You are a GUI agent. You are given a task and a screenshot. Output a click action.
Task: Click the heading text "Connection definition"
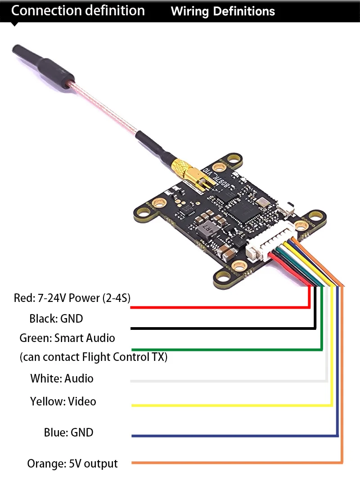point(78,11)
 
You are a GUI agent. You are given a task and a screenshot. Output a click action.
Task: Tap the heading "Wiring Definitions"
point(223,12)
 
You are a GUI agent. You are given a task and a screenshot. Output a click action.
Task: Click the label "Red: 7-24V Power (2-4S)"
point(72,297)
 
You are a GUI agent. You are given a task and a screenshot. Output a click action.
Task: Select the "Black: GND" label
point(56,319)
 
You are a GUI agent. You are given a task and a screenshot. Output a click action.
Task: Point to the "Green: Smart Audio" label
point(67,338)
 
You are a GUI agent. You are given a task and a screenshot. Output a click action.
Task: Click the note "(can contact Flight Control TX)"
point(94,357)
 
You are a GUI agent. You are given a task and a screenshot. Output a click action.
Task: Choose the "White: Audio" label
point(62,378)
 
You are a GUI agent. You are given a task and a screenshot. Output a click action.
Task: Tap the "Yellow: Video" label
point(63,401)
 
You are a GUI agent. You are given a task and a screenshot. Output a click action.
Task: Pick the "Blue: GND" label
point(68,432)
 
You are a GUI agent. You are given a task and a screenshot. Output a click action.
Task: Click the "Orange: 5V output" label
point(72,463)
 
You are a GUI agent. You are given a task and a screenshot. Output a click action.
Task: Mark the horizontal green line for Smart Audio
point(225,349)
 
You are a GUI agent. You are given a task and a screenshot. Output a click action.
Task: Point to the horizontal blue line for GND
point(234,436)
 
